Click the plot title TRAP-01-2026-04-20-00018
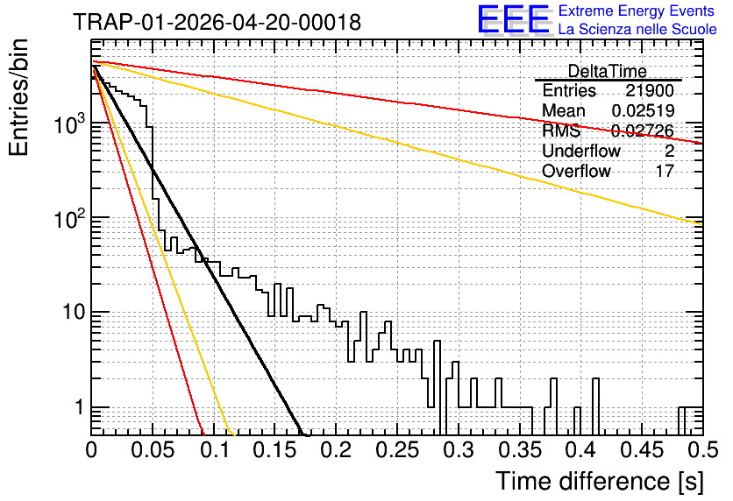point(217,22)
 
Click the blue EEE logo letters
point(514,19)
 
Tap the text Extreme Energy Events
point(637,11)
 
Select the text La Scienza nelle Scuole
point(637,29)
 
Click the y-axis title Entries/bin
point(18,98)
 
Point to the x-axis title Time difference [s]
point(600,481)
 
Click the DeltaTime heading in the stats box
point(608,71)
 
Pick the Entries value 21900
point(650,90)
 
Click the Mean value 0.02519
point(644,110)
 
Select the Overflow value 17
point(665,171)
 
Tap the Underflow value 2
point(669,151)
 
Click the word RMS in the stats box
point(561,131)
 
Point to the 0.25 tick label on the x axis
point(397,450)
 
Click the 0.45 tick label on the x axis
point(642,450)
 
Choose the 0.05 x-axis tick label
point(153,450)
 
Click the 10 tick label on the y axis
point(75,312)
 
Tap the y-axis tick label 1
point(80,407)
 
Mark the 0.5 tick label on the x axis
point(702,450)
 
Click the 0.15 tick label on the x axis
point(275,450)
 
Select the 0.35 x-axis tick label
point(520,450)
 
